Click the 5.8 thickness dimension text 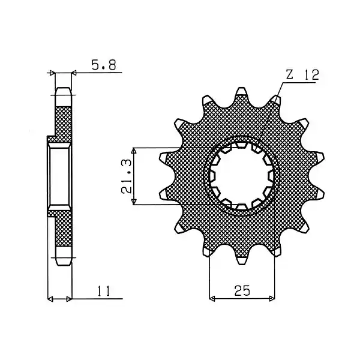104,65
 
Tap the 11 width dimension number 104,291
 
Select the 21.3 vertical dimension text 127,176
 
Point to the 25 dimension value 242,290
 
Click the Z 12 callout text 302,75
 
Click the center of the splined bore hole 241,176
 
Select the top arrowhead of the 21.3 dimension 134,151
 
